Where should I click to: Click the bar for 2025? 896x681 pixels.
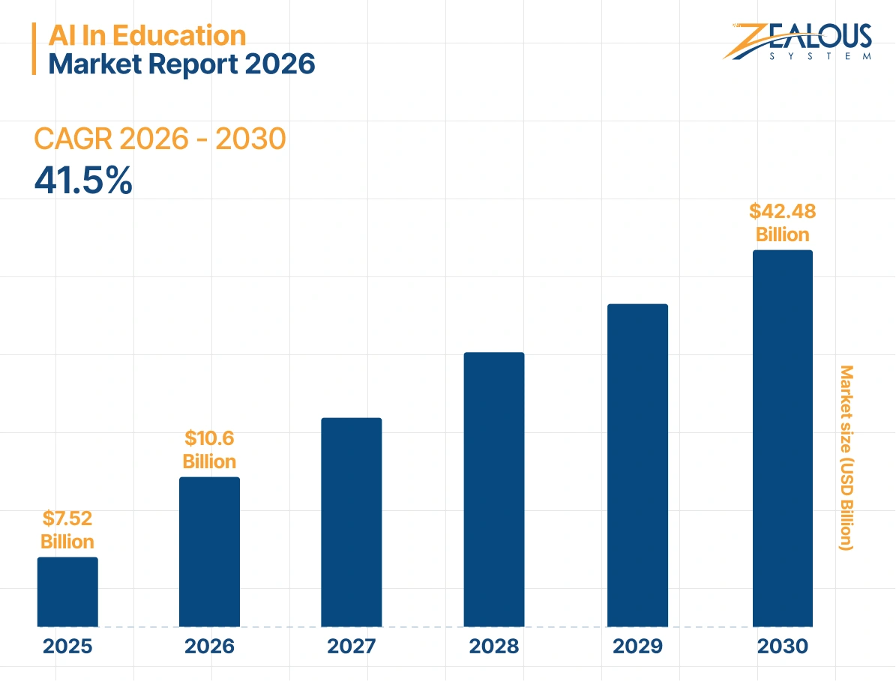[67, 591]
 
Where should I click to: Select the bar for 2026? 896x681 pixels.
[209, 551]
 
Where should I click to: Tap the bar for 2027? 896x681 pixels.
[352, 521]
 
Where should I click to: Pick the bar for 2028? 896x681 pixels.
[494, 489]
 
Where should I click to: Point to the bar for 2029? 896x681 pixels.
[637, 464]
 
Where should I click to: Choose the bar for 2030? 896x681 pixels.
[782, 438]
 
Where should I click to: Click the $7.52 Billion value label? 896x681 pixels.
[67, 530]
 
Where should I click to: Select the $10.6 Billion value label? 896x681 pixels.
[209, 450]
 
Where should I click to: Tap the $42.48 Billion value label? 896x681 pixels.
[782, 223]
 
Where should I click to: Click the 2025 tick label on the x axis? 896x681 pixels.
[67, 647]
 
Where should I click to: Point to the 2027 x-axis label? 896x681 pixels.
[352, 647]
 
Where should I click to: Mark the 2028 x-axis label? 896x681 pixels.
[494, 647]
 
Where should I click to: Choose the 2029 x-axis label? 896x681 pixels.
[637, 647]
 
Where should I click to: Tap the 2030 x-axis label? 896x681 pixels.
[782, 647]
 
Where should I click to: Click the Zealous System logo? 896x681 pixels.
[799, 41]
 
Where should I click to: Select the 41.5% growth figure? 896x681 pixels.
[83, 181]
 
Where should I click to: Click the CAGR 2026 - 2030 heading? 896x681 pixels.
[160, 139]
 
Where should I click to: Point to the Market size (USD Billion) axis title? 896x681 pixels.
[847, 458]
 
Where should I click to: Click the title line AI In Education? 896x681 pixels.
[147, 35]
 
